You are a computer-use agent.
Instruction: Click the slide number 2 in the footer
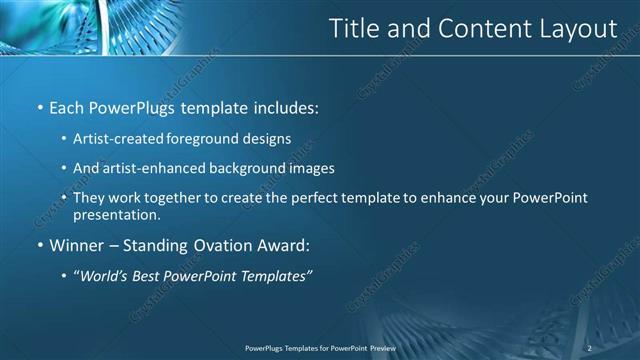[x=590, y=347]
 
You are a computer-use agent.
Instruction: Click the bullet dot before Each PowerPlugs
[x=39, y=107]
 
